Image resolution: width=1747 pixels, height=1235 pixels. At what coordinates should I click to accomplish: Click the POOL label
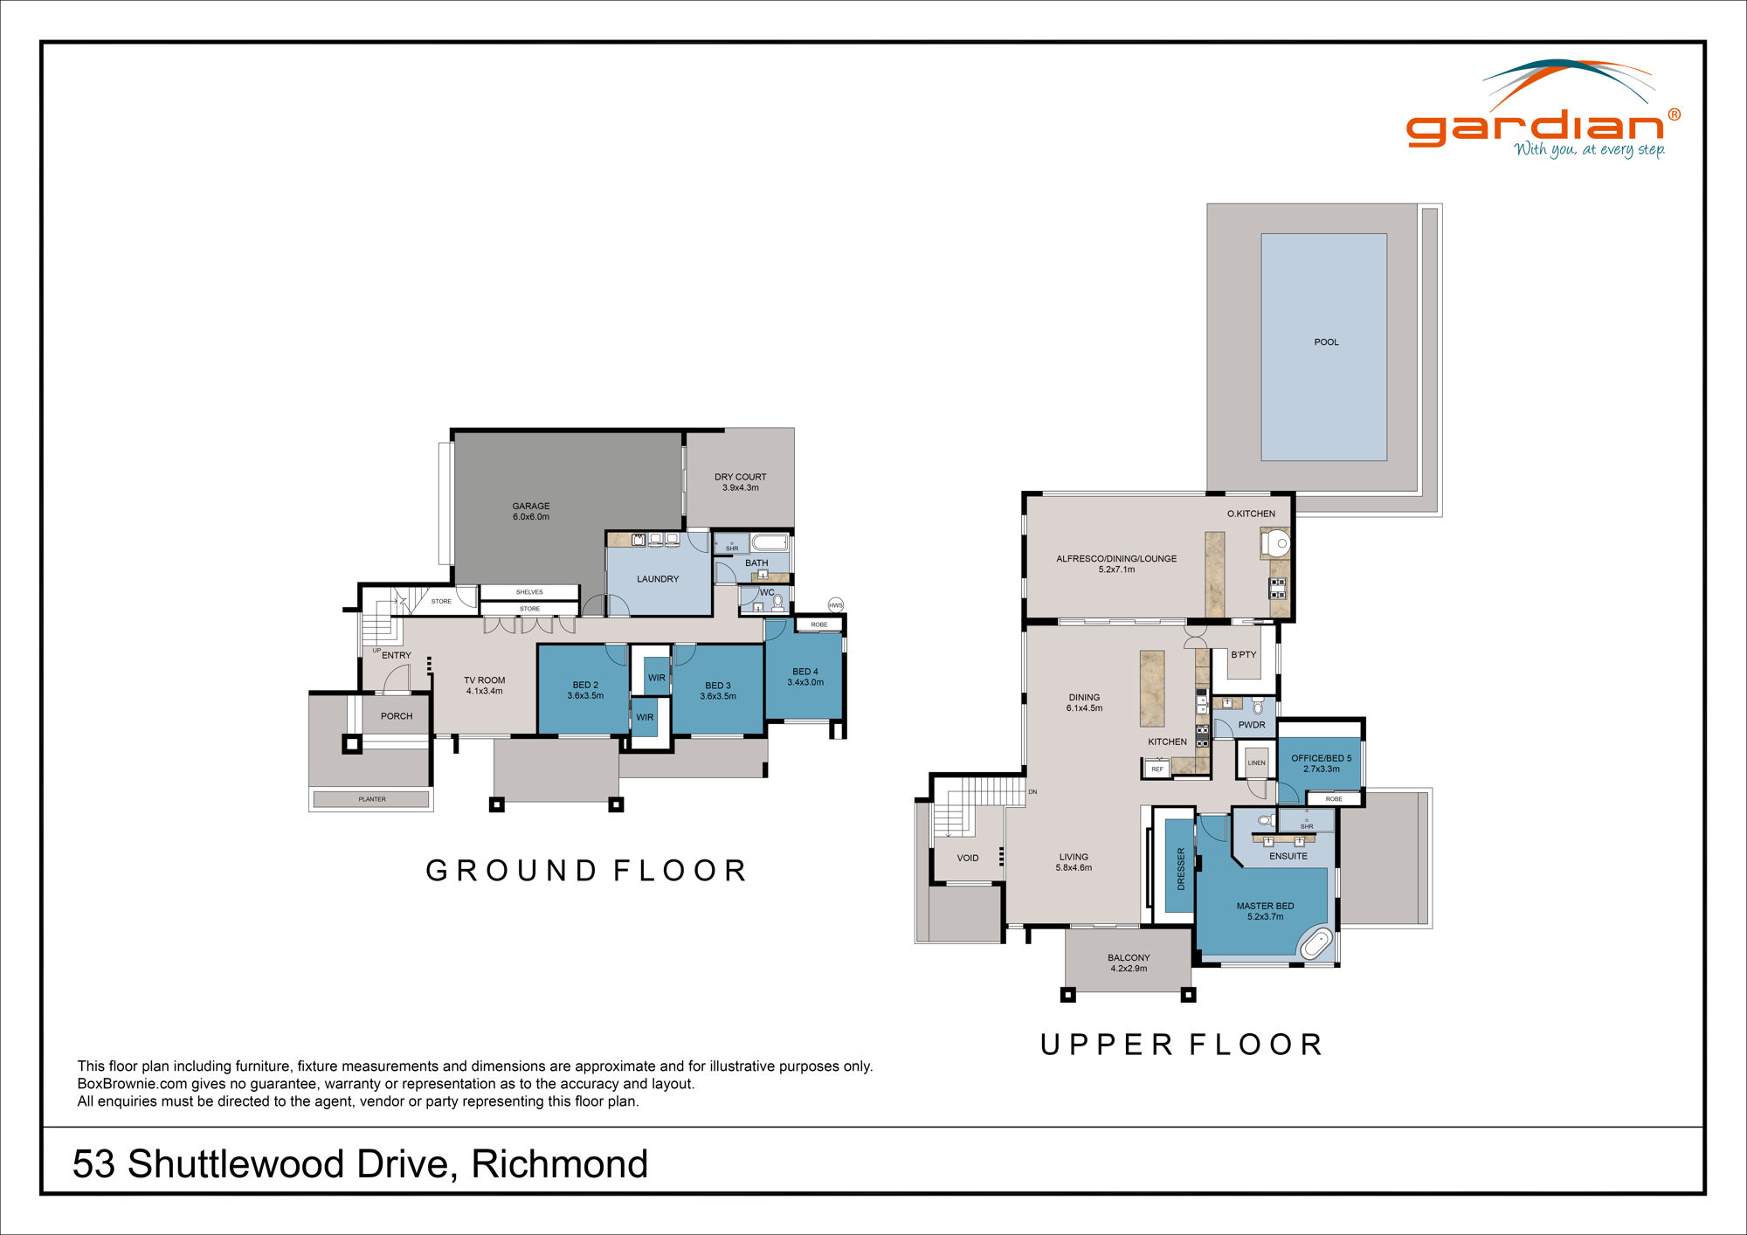(x=1326, y=342)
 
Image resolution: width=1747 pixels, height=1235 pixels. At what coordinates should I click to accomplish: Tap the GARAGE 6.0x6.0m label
(x=531, y=511)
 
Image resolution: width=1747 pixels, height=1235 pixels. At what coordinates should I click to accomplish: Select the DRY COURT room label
(x=740, y=478)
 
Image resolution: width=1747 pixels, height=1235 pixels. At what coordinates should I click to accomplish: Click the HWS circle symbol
(x=836, y=605)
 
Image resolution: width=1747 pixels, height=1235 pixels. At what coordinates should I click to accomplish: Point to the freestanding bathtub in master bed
(x=1315, y=945)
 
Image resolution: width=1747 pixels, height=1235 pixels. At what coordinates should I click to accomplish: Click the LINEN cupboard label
(x=1256, y=762)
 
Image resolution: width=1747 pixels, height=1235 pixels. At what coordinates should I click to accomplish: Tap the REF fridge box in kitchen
(x=1157, y=769)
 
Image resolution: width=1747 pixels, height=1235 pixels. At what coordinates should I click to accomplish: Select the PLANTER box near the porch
(x=371, y=799)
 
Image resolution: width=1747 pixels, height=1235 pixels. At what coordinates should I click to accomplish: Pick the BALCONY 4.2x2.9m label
(x=1129, y=962)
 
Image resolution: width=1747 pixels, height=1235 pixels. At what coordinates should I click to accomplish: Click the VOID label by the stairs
(x=967, y=858)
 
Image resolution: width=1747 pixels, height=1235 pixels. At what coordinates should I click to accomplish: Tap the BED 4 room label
(x=804, y=677)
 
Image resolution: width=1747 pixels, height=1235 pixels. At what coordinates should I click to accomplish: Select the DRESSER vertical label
(x=1181, y=868)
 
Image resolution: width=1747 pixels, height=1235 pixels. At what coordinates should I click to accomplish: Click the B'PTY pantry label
(x=1243, y=654)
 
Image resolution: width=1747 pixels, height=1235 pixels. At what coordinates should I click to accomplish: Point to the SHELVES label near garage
(x=529, y=592)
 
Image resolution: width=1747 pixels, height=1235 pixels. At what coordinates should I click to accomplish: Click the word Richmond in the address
(x=559, y=1164)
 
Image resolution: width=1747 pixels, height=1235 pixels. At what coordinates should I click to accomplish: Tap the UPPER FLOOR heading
(x=1181, y=1045)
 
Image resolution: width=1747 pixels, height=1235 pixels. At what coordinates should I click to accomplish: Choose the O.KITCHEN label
(x=1250, y=514)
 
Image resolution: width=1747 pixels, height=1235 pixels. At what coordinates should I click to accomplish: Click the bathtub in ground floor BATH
(x=770, y=542)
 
